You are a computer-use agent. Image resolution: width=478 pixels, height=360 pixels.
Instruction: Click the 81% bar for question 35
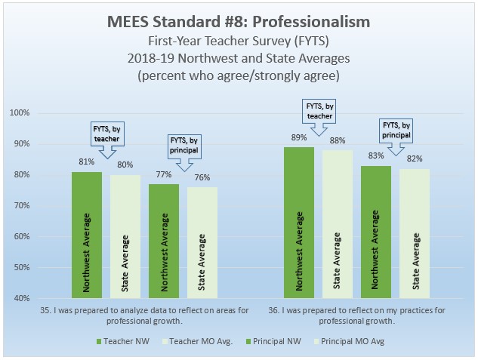86,235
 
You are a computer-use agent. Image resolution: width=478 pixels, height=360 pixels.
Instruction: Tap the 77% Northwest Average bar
164,241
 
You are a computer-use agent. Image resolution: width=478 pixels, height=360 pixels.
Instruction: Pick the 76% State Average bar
202,242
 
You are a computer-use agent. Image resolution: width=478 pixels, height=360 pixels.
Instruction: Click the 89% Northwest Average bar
298,223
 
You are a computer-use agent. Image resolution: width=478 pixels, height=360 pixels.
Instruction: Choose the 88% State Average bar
337,224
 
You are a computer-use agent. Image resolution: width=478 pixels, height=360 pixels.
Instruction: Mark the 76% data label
202,178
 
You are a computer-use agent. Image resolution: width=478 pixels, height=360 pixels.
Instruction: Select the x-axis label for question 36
356,315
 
